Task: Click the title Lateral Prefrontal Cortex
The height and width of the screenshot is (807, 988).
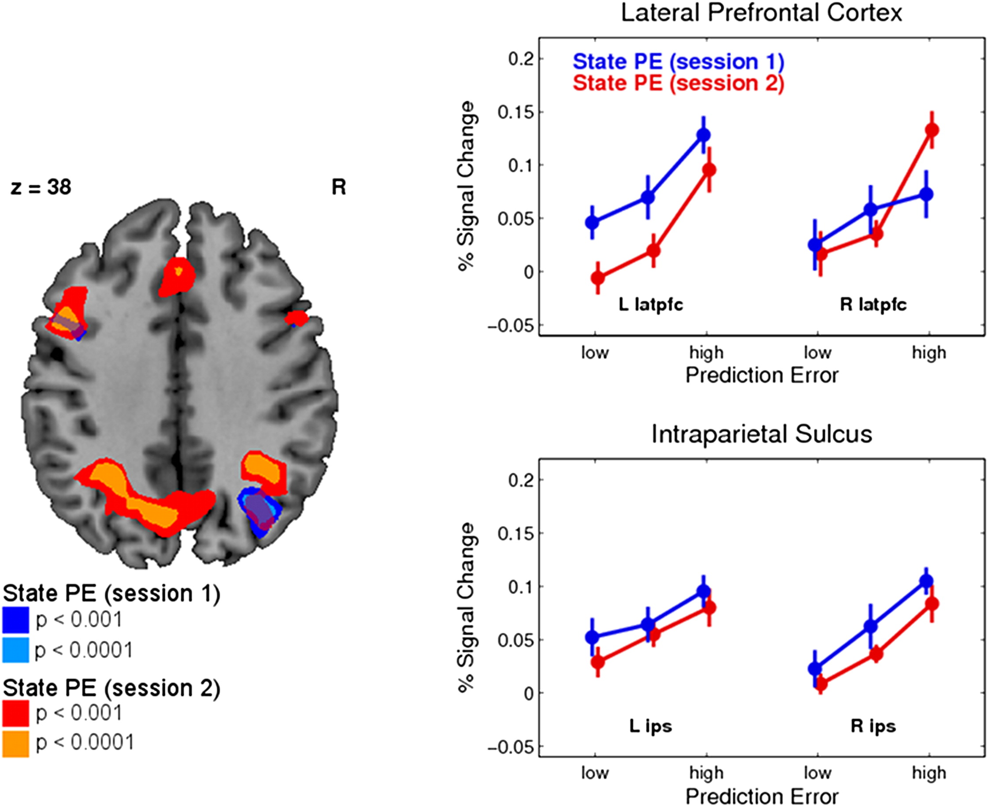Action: pos(761,13)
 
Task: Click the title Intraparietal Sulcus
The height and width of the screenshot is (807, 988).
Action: pos(761,434)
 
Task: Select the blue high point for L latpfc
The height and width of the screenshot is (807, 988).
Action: pos(704,135)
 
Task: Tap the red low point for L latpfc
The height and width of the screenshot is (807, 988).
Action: pos(598,278)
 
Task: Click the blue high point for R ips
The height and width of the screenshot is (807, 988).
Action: pos(926,581)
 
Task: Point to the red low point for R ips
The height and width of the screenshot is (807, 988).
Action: pos(821,684)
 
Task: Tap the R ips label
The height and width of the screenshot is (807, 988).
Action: pos(873,726)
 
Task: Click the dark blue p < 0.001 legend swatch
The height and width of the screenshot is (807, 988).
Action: pos(15,620)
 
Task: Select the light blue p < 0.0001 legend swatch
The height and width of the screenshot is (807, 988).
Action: pos(15,650)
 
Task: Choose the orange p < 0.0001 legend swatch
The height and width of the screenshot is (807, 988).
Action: pos(15,744)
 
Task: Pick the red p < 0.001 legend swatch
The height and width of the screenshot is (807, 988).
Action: pos(15,713)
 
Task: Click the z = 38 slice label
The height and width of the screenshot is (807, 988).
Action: pos(41,187)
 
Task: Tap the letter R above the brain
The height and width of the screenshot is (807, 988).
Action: pos(338,187)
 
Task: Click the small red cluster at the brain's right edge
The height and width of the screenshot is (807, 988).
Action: pos(296,318)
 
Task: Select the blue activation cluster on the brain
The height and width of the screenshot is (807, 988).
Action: pos(259,512)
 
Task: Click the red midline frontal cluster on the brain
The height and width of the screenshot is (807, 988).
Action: pos(178,276)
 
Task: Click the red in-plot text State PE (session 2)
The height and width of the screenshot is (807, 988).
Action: pos(678,83)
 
